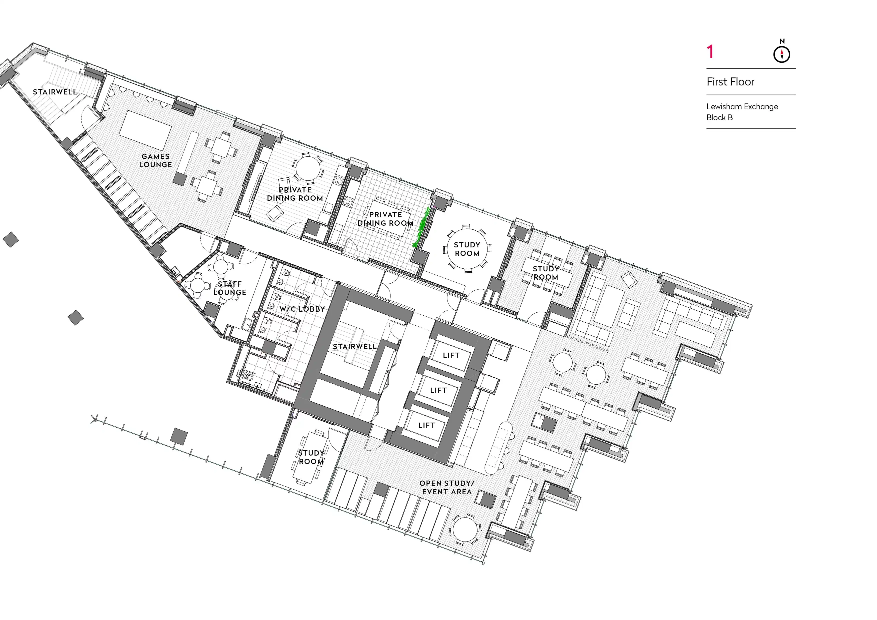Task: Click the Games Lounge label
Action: (x=155, y=160)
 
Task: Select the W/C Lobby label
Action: (x=302, y=309)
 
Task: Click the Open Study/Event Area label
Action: (x=447, y=488)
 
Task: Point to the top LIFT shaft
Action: (x=451, y=355)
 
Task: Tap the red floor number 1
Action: (x=710, y=52)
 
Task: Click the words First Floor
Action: (x=730, y=82)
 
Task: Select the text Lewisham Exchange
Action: (x=742, y=106)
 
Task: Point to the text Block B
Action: (x=720, y=118)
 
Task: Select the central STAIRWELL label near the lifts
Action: (x=355, y=347)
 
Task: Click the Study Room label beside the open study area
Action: (x=311, y=457)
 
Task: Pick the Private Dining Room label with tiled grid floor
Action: (x=385, y=219)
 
